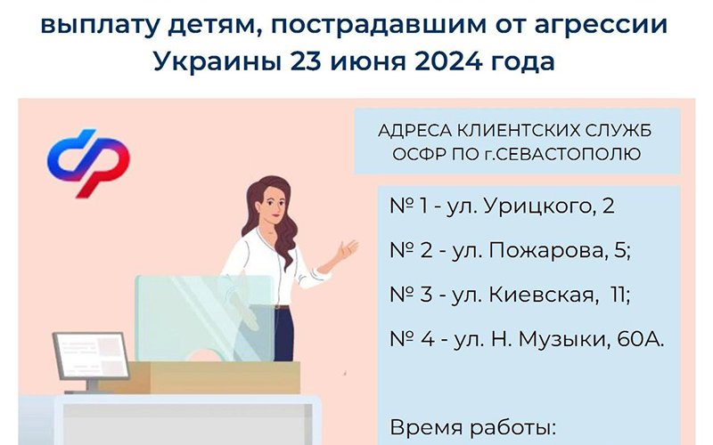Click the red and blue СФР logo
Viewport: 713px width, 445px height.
88,163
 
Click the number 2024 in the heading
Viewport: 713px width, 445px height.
448,61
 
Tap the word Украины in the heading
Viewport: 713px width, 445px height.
217,62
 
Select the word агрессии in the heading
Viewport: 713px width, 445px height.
601,26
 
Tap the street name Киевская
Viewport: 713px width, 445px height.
542,295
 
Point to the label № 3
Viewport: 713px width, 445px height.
411,295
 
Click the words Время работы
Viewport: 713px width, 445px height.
473,428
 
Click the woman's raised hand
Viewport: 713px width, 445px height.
348,249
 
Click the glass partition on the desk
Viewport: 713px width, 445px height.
205,318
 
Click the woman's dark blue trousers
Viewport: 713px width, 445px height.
283,334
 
